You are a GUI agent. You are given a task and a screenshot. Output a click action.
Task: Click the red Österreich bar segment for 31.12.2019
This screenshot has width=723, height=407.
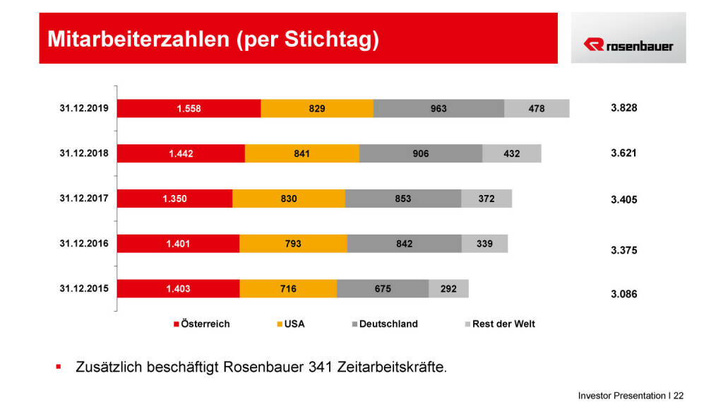click(x=189, y=109)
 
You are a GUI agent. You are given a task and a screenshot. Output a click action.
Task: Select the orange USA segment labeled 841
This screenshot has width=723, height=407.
click(x=301, y=154)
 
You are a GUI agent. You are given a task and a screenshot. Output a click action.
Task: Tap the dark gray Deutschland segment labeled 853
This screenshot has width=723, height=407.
click(x=403, y=199)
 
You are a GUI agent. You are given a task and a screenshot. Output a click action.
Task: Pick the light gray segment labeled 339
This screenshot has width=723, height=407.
click(x=484, y=244)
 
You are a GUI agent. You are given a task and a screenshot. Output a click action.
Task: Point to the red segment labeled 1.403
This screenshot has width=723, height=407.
click(x=178, y=288)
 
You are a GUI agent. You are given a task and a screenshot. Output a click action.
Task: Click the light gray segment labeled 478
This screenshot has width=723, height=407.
click(x=537, y=109)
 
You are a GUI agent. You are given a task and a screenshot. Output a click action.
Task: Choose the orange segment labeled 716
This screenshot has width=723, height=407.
click(x=288, y=288)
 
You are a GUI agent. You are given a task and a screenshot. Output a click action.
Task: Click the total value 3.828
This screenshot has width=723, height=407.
click(x=623, y=108)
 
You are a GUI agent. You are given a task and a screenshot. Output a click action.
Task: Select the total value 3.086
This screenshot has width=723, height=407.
click(x=623, y=294)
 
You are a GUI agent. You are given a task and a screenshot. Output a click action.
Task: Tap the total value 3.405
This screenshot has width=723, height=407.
click(x=623, y=200)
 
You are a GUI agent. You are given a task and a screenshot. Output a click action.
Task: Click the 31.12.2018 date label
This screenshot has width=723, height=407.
click(x=84, y=153)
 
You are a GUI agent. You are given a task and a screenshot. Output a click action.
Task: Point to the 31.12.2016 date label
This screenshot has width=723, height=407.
click(x=84, y=242)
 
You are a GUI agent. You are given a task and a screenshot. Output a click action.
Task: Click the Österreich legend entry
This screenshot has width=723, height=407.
click(x=202, y=324)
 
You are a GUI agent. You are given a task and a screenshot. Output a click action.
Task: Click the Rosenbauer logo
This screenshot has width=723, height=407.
click(x=628, y=45)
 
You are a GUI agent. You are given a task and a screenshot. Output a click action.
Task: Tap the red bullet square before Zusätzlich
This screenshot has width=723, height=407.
click(x=59, y=367)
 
